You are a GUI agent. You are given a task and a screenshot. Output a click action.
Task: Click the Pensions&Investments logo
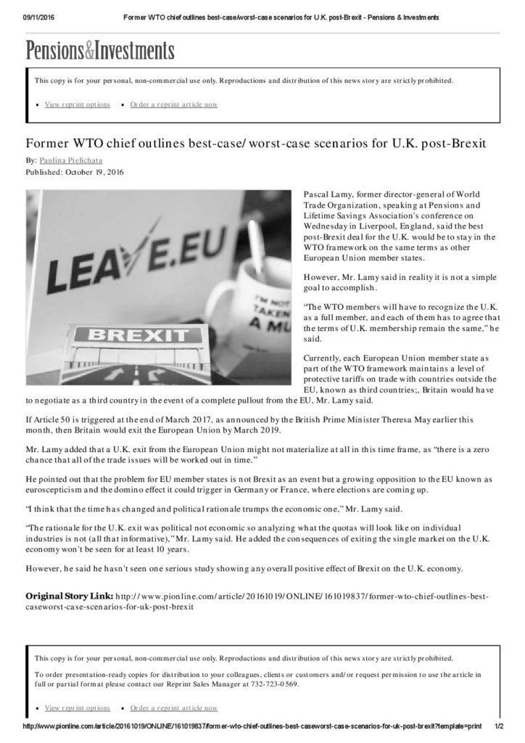click(x=101, y=51)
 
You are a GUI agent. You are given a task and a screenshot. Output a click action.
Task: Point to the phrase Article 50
click(x=53, y=419)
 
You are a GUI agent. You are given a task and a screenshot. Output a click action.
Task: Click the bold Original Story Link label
click(x=68, y=596)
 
